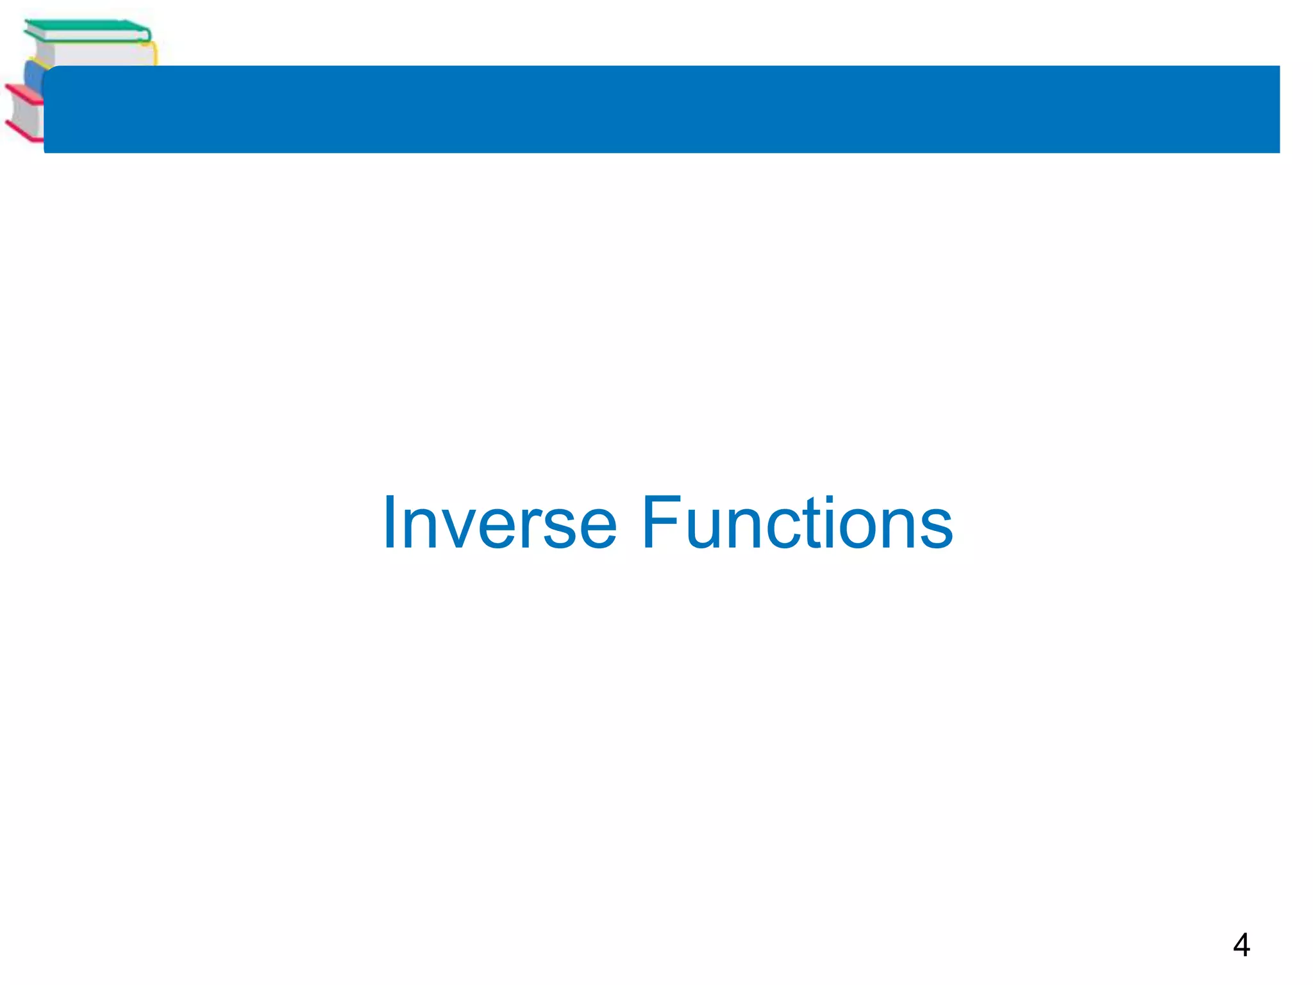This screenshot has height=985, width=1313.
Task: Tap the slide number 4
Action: (1241, 945)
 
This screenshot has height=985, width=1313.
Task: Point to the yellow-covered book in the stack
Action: (96, 54)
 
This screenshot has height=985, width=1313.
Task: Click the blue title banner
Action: (660, 109)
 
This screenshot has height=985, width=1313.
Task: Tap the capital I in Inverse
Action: (389, 523)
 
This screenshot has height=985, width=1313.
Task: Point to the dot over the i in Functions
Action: (830, 500)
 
